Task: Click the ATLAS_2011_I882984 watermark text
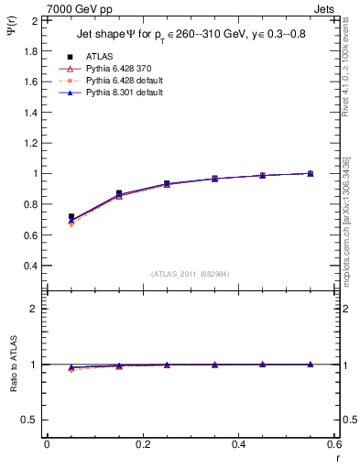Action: (x=191, y=274)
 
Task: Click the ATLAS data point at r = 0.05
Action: (x=71, y=217)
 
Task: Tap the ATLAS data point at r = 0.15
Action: (x=119, y=193)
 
